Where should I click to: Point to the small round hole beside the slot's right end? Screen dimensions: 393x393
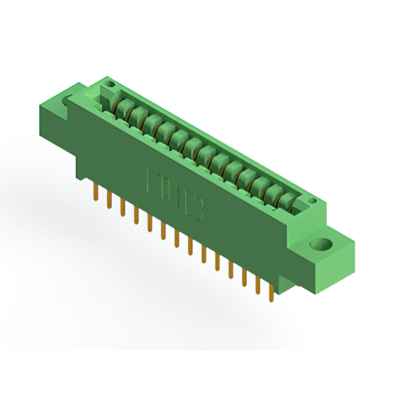pos(312,201)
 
